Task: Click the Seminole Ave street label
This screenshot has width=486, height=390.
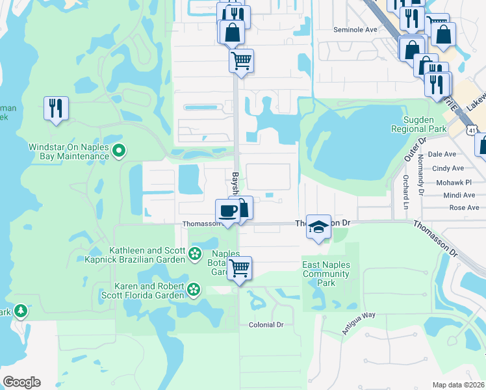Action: (355, 30)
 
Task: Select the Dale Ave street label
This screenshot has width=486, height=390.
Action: (442, 154)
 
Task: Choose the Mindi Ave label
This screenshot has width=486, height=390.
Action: (459, 195)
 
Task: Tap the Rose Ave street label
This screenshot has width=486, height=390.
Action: (464, 208)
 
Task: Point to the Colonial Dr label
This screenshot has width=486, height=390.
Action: (266, 324)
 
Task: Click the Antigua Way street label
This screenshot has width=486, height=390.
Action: (359, 323)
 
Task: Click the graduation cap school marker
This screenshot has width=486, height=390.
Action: (318, 227)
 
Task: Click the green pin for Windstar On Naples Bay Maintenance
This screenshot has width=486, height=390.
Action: (118, 151)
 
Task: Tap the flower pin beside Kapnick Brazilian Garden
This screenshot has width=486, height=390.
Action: (195, 255)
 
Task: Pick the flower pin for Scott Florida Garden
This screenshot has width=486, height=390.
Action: (193, 289)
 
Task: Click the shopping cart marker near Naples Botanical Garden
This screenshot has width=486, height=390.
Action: (240, 268)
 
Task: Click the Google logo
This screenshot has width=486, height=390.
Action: (21, 382)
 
